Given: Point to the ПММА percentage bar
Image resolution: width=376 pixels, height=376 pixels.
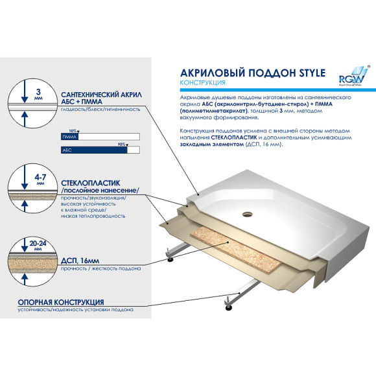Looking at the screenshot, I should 100,137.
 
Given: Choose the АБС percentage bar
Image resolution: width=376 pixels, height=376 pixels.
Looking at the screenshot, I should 100,150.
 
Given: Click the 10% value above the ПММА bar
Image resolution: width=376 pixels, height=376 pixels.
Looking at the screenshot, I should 73,132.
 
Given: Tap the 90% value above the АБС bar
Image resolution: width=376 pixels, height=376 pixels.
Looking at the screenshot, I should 122,144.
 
